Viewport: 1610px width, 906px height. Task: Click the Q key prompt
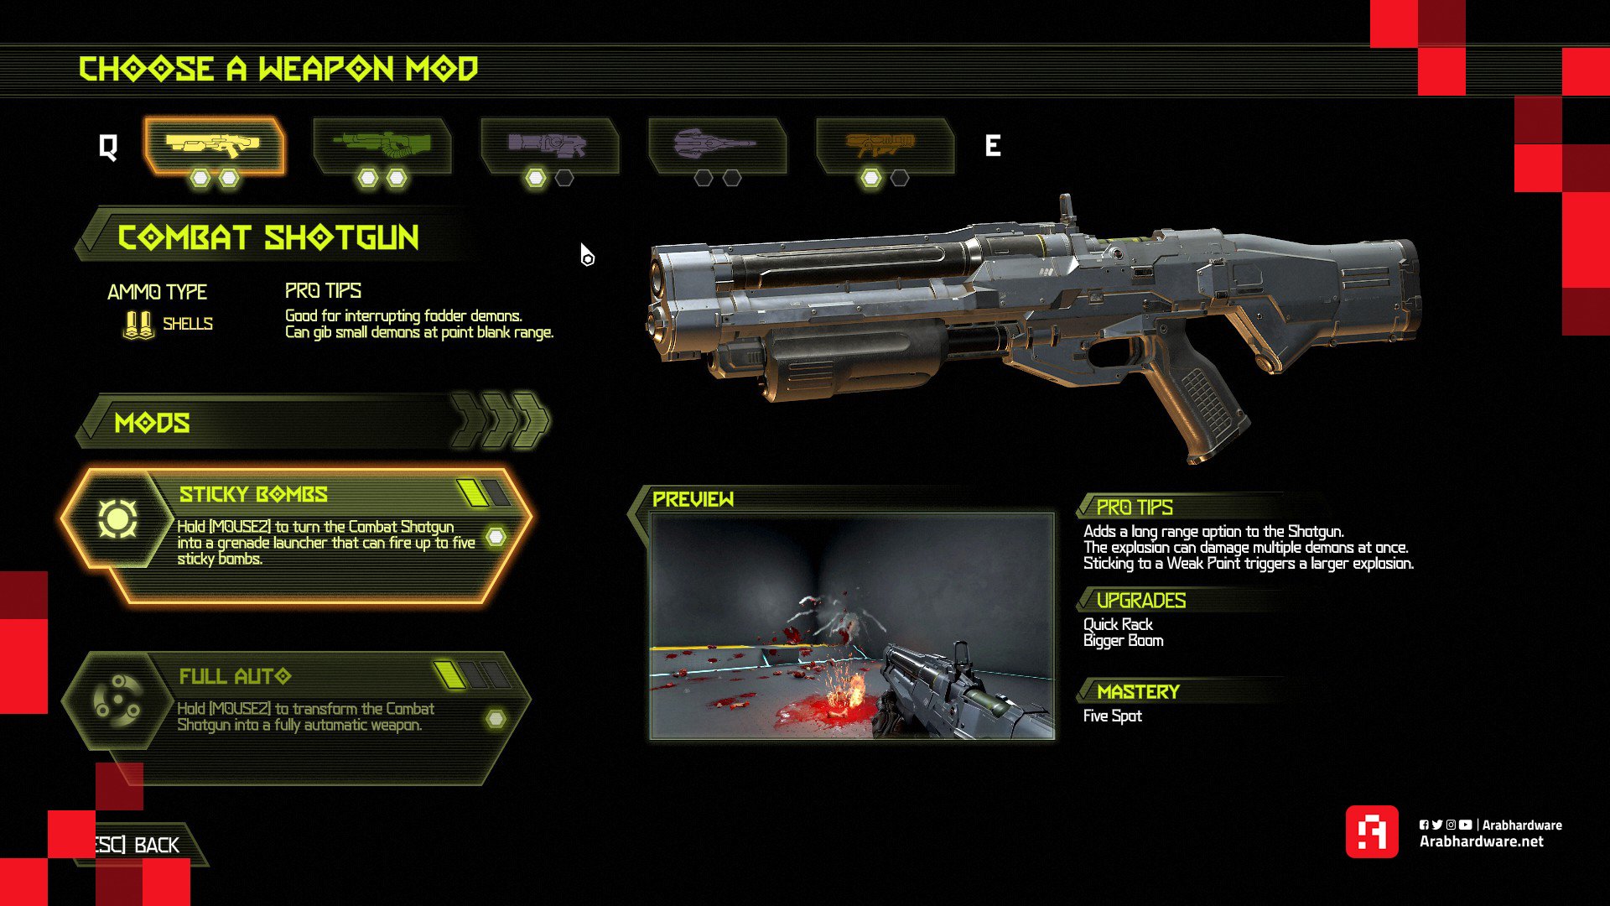pos(108,148)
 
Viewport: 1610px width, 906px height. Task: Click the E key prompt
pos(993,146)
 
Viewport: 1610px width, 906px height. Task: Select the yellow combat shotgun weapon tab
pos(214,145)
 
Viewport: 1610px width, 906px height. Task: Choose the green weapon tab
pos(382,145)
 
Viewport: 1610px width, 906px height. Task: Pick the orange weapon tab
pos(885,145)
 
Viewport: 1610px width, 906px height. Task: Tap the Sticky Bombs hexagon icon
pos(117,518)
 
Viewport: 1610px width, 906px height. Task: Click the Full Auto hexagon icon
pos(117,700)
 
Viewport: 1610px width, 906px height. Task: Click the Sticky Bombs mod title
pos(253,494)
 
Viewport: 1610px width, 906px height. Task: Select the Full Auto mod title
pos(235,676)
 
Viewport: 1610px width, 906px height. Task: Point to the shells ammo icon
pos(138,325)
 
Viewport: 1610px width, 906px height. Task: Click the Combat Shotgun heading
pos(268,238)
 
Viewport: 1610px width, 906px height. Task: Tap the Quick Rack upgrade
pos(1118,624)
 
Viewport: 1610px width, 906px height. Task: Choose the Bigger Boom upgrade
pos(1123,641)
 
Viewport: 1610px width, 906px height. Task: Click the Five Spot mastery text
pos(1112,716)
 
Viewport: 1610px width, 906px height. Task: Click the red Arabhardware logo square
pos(1372,832)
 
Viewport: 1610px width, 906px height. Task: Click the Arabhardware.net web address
pos(1481,841)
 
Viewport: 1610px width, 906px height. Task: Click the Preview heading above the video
pos(693,500)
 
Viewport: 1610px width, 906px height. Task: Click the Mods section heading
pos(152,423)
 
